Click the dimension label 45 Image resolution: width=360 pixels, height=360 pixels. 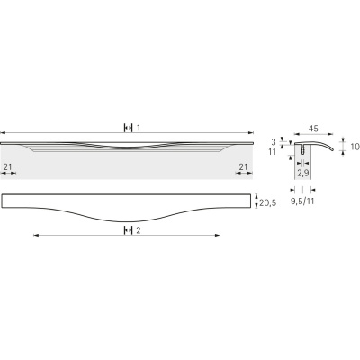pyautogui.click(x=313, y=129)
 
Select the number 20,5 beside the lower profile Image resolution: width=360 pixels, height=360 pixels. pyautogui.click(x=267, y=203)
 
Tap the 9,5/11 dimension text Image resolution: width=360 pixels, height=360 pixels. pyautogui.click(x=302, y=202)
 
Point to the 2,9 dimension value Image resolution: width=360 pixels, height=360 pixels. pyautogui.click(x=303, y=173)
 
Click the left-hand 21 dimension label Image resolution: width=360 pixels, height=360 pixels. pyautogui.click(x=7, y=166)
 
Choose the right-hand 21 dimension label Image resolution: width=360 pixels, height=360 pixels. pyautogui.click(x=243, y=166)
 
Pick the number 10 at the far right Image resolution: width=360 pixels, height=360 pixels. pyautogui.click(x=355, y=147)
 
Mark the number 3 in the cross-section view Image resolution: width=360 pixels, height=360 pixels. pyautogui.click(x=274, y=141)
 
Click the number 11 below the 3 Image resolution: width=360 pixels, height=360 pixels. pyautogui.click(x=272, y=152)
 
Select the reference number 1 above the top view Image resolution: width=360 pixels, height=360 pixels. pyautogui.click(x=139, y=128)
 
